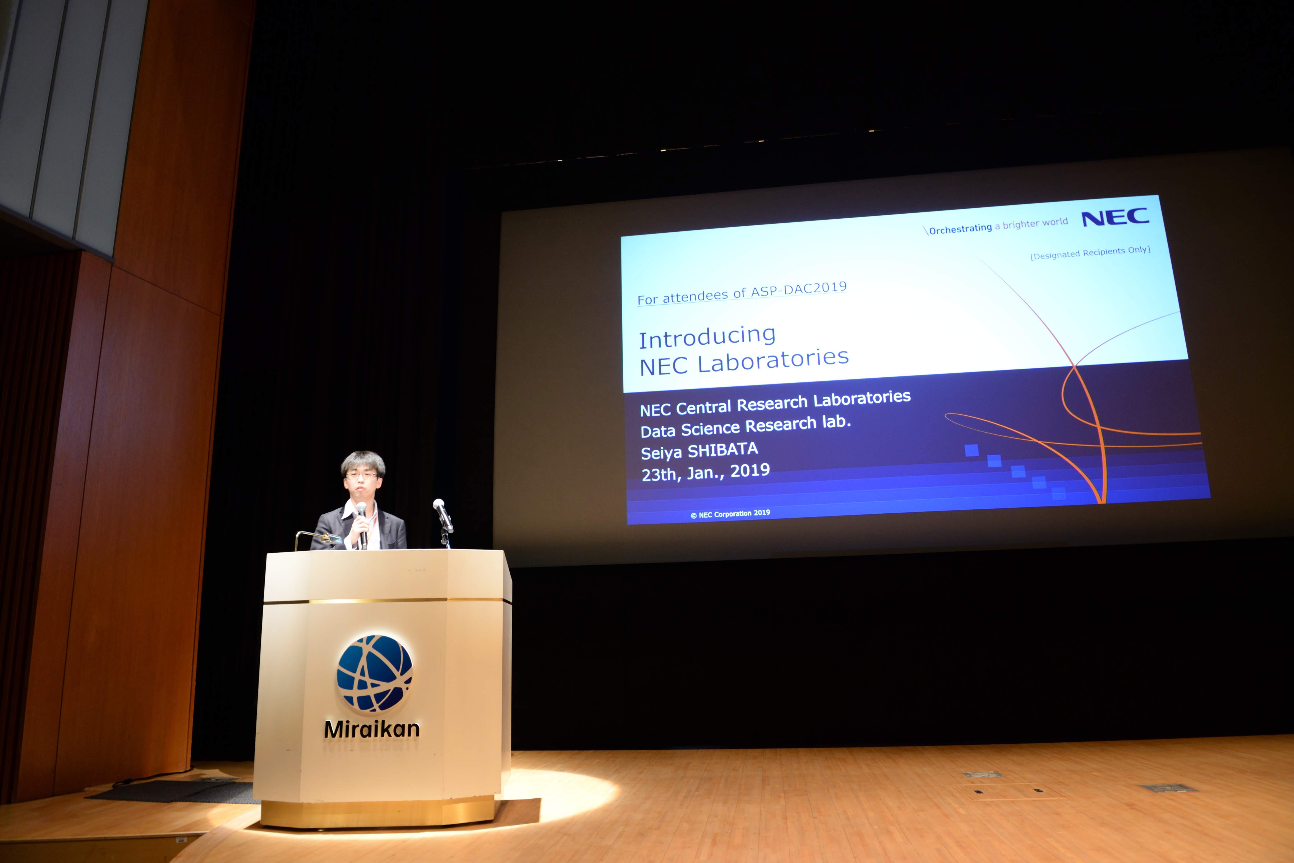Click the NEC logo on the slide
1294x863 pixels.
(x=1116, y=217)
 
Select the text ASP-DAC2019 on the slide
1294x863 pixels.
(x=799, y=289)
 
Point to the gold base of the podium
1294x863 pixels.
(x=377, y=812)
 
